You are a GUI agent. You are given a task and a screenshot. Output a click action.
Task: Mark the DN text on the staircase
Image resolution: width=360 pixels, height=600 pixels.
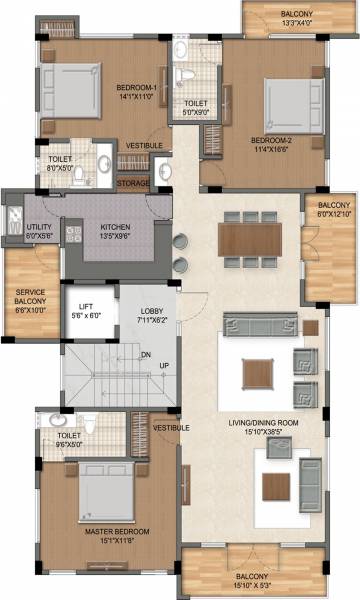145,353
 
